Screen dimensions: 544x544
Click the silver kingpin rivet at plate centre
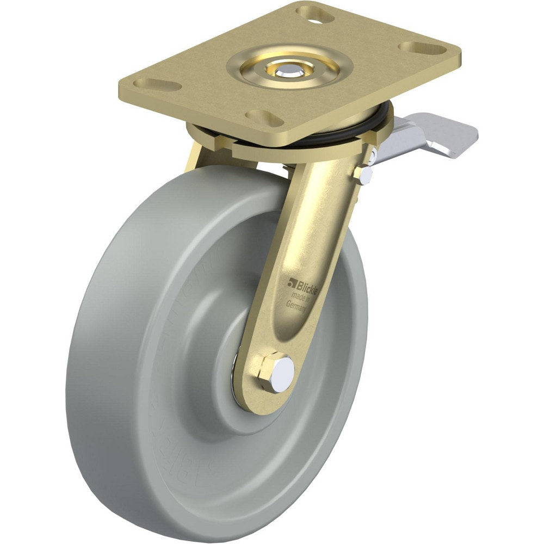tap(284, 71)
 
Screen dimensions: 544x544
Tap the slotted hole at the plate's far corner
tap(315, 13)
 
